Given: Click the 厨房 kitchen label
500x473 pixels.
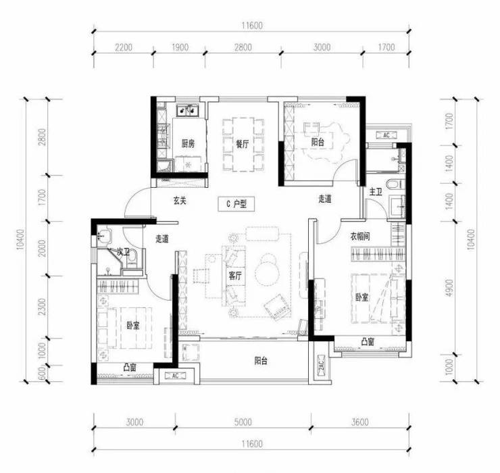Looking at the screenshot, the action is pos(188,144).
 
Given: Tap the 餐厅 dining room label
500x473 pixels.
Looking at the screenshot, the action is pos(243,144).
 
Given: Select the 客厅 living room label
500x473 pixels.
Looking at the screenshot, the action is pos(235,276).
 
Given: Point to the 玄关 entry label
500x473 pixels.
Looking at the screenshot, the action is pos(180,201).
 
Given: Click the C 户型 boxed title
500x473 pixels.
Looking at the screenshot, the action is pos(236,204).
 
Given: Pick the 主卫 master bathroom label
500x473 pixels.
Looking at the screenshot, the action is pos(376,193).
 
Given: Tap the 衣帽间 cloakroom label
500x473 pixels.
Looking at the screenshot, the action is pos(360,236).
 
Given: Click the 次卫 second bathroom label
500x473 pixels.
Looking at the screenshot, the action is pos(123,253).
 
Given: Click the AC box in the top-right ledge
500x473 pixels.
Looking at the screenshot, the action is pos(386,135).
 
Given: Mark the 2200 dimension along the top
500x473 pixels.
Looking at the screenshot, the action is pos(124,47).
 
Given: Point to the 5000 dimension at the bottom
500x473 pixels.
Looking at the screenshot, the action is pos(243,422).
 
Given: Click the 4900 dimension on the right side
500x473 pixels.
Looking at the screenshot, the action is pos(449,288).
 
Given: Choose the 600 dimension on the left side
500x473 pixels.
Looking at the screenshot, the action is pos(42,373).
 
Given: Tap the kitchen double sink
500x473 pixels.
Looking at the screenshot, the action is pos(188,110).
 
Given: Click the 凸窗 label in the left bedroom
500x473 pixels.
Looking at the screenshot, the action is pos(130,367).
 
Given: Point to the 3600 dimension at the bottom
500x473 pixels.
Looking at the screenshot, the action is pos(359,422).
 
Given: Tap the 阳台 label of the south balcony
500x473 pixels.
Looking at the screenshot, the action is pos(261,361).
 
